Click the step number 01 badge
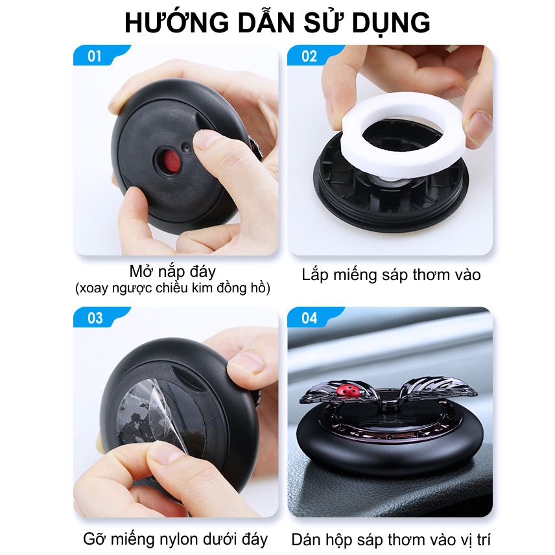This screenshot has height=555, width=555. click(95, 56)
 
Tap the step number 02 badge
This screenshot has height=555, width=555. click(309, 56)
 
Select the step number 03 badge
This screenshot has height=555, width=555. click(95, 318)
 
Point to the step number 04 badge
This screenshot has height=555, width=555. click(309, 318)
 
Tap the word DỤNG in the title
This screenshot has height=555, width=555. click(391, 23)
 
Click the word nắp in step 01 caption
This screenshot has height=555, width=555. click(172, 272)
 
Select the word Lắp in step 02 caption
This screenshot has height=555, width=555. click(314, 275)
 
